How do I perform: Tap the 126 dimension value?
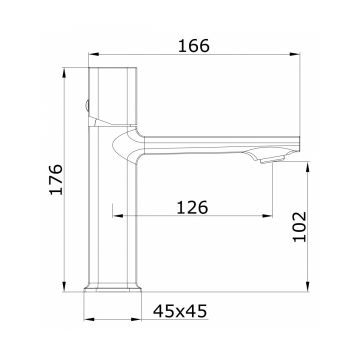(x=192, y=208)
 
